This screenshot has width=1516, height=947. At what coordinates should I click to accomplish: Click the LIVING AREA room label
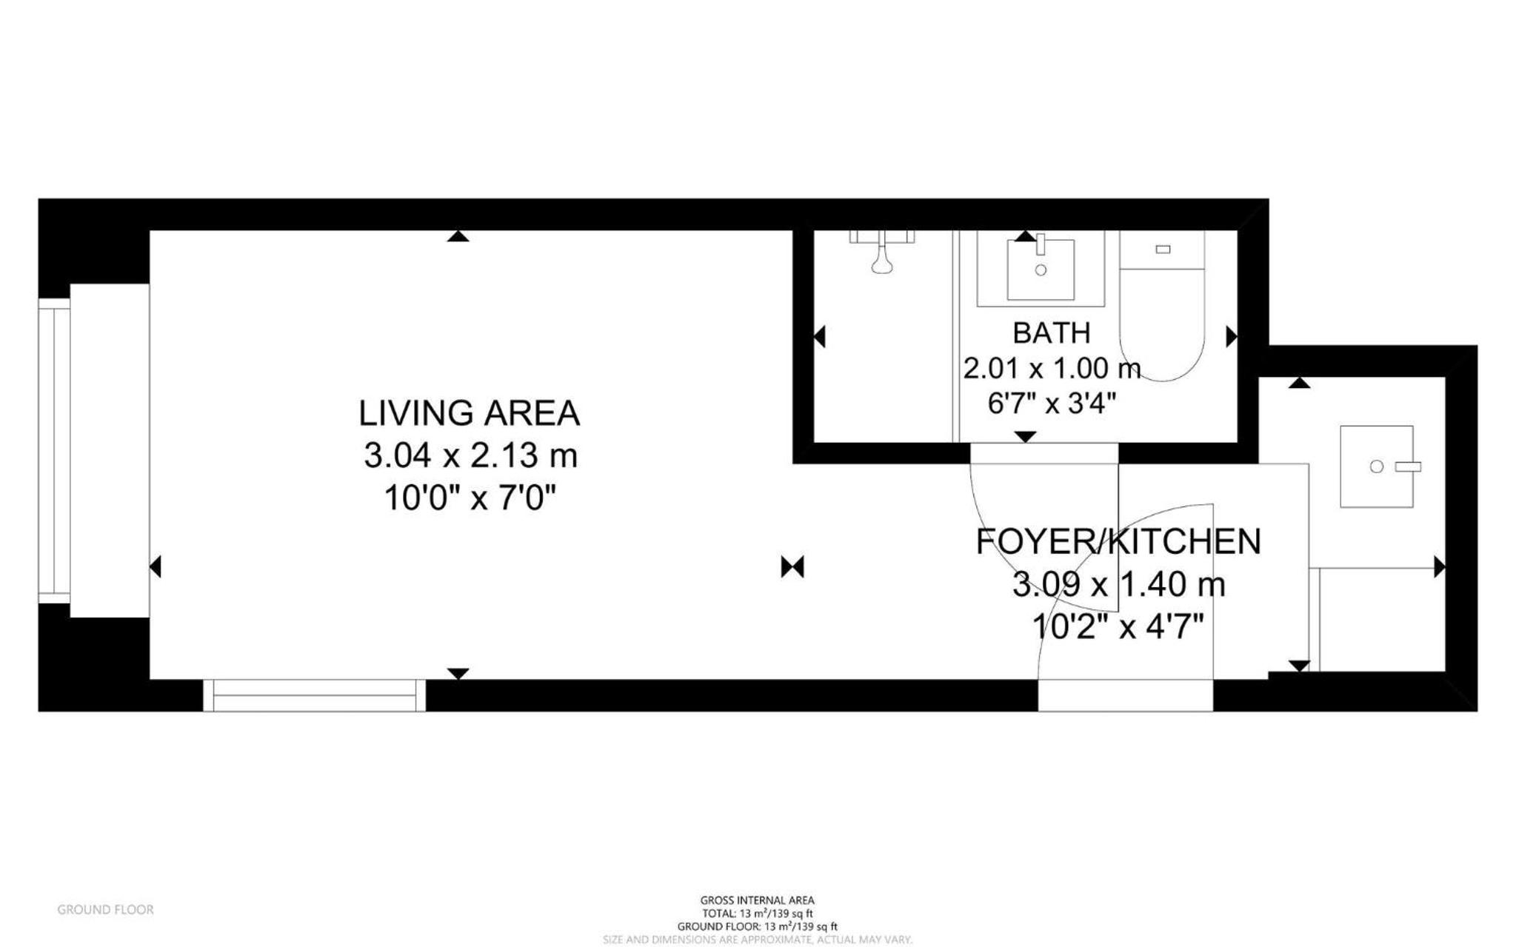coord(469,413)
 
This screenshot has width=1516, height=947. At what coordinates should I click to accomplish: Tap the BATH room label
coord(1051,333)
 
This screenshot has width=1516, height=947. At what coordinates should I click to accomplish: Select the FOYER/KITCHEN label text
coord(1118,542)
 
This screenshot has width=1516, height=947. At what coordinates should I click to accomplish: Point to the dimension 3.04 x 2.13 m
coord(470,455)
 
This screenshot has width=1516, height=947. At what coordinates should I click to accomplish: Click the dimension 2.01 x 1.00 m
coord(1052,368)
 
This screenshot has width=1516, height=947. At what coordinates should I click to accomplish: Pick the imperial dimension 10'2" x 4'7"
coord(1118,628)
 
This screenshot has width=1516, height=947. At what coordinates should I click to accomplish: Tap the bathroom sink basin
coord(1041,270)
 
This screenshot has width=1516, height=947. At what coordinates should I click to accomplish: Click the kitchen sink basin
coord(1377,466)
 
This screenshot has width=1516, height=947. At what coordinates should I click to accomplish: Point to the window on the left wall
coord(54,450)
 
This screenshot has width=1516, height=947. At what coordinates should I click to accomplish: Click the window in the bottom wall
coord(314,695)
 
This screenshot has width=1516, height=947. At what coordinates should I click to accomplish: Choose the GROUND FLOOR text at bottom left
coord(106,909)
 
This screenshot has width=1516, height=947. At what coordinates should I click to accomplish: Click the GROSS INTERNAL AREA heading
coord(757,900)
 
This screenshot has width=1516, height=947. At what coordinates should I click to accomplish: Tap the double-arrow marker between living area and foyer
coord(792,567)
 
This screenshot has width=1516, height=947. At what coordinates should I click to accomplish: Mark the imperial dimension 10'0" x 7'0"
coord(470,498)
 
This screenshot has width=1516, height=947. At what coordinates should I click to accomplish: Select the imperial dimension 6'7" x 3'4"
coord(1052,404)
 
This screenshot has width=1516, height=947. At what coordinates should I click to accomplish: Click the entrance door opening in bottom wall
coord(1125,695)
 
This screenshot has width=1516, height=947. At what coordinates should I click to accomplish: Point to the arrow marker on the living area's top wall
coord(458,236)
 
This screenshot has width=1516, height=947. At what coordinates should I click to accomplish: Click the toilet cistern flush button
coord(1163,250)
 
